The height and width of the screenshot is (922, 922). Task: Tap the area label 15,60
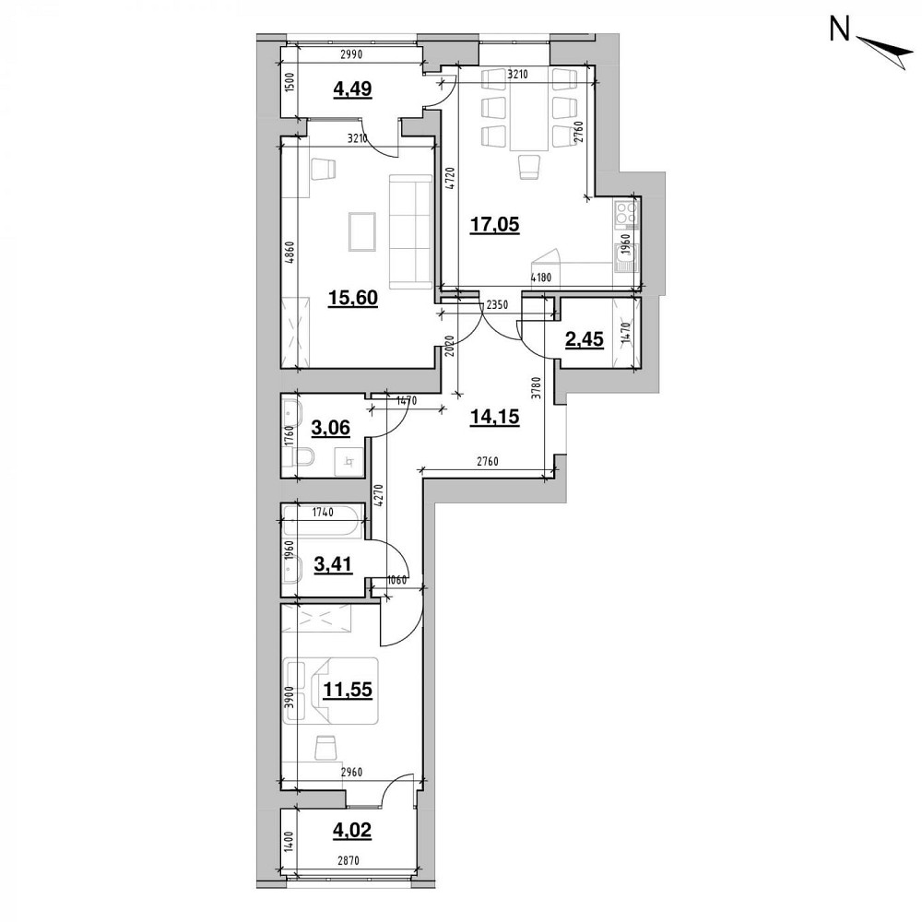tap(353, 299)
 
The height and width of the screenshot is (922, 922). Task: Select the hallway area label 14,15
tap(493, 417)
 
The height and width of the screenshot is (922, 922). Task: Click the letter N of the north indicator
tap(840, 31)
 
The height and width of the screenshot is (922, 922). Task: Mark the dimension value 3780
tap(535, 379)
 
